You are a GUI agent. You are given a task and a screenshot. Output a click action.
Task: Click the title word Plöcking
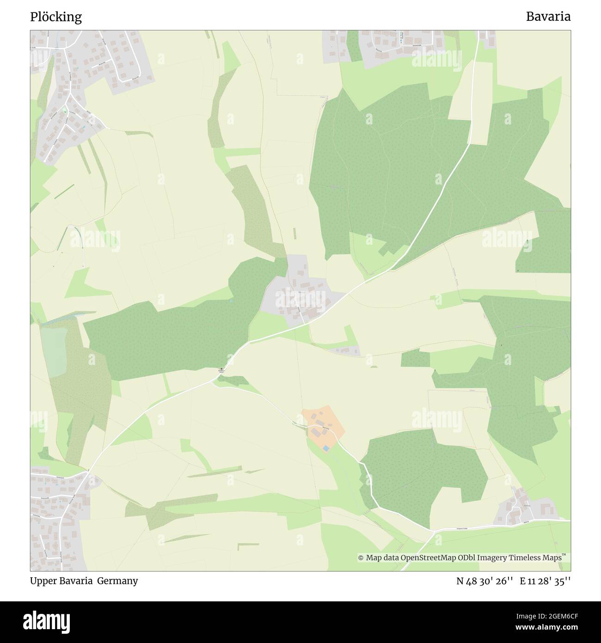tap(56, 17)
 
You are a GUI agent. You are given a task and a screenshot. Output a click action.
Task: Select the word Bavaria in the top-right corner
tap(548, 17)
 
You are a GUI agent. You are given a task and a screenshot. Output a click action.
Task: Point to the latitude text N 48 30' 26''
tap(485, 581)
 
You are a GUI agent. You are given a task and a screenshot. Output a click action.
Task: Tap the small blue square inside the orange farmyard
tap(326, 448)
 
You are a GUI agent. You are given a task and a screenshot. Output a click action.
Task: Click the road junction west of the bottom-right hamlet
tap(435, 531)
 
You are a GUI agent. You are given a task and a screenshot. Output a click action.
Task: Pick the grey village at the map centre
tap(300, 296)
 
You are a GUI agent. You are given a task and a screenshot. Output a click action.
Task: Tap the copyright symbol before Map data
tap(361, 558)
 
